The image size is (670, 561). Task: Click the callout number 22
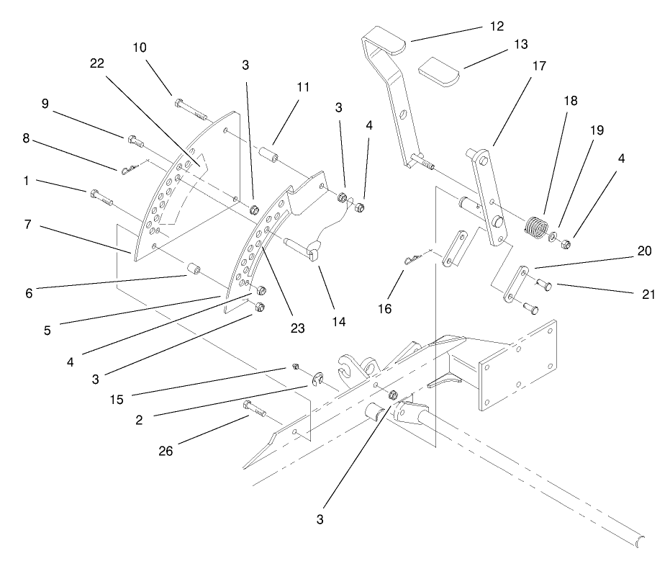[x=96, y=63]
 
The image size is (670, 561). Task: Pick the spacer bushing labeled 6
[x=192, y=271]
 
